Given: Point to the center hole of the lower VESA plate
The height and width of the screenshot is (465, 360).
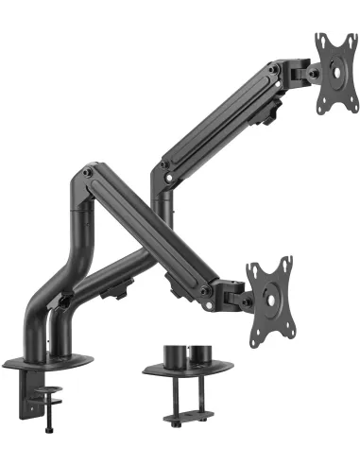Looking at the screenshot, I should coord(276,292).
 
